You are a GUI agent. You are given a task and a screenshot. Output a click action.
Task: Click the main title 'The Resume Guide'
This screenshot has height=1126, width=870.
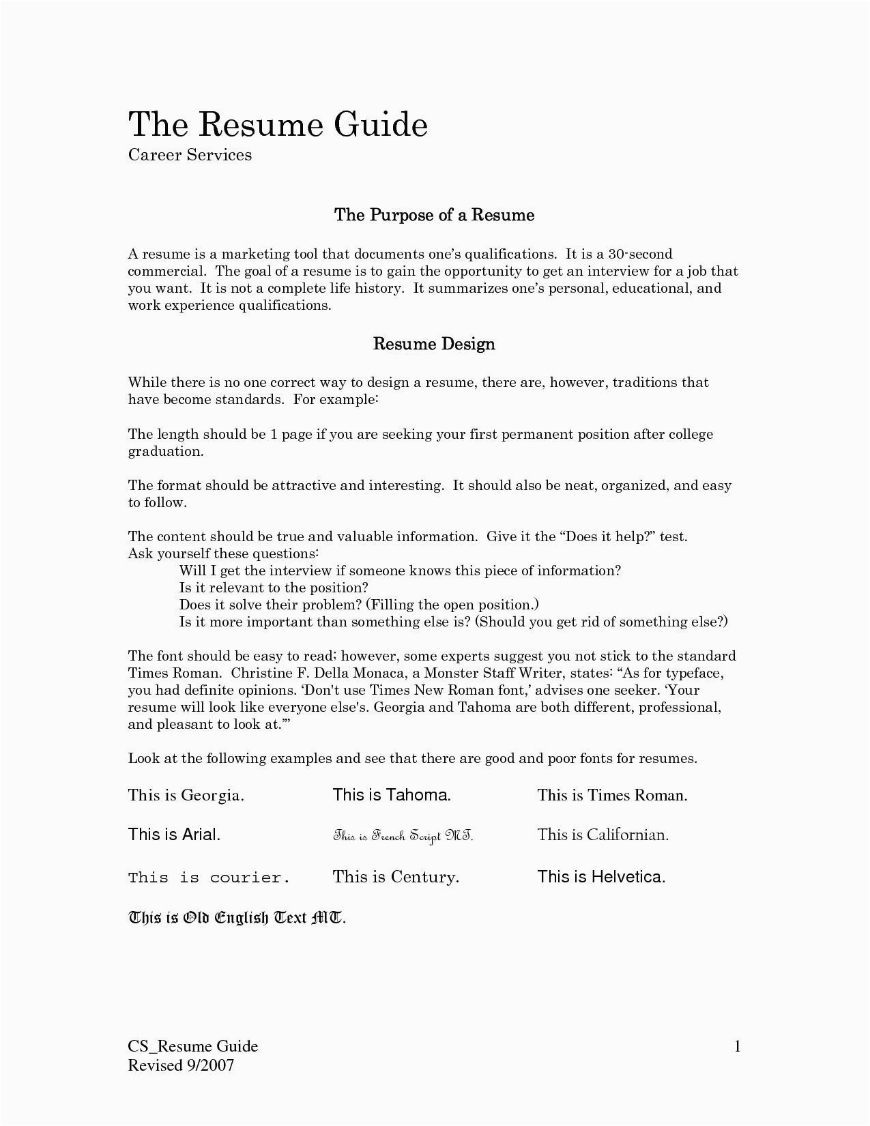pyautogui.click(x=278, y=124)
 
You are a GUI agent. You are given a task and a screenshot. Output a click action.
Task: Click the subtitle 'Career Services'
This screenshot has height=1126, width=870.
pyautogui.click(x=190, y=155)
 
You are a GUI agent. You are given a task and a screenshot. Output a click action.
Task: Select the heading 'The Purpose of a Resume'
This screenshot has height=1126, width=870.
pyautogui.click(x=434, y=216)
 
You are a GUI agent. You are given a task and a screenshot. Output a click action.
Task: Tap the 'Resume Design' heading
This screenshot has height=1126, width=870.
pyautogui.click(x=434, y=344)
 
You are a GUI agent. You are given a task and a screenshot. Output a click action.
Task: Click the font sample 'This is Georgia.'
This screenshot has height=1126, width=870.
pyautogui.click(x=186, y=795)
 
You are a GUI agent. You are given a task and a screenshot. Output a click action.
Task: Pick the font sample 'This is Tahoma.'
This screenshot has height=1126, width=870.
pyautogui.click(x=392, y=795)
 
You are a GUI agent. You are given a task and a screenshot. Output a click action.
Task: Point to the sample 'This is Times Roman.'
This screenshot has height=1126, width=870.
pyautogui.click(x=612, y=795)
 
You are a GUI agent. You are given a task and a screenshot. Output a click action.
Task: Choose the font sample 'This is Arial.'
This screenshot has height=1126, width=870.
pyautogui.click(x=174, y=835)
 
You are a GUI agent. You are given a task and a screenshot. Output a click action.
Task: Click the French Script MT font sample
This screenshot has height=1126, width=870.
pyautogui.click(x=403, y=836)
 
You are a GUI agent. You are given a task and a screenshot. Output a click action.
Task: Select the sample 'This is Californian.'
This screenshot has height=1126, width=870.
pyautogui.click(x=603, y=835)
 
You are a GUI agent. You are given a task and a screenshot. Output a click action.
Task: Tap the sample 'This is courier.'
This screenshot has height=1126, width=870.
pyautogui.click(x=209, y=878)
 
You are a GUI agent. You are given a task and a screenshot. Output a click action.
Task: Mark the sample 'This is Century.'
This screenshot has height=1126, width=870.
pyautogui.click(x=396, y=877)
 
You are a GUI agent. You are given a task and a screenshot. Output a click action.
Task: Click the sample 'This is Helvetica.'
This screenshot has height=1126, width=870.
pyautogui.click(x=600, y=877)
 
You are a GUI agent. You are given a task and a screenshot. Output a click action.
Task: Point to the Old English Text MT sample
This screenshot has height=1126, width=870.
pyautogui.click(x=237, y=918)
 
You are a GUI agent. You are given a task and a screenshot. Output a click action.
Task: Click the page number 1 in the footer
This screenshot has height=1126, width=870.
pyautogui.click(x=737, y=1047)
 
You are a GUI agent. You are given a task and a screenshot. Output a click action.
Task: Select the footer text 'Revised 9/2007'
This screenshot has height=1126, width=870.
pyautogui.click(x=181, y=1065)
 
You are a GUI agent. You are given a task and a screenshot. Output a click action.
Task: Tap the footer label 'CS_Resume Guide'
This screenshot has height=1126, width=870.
pyautogui.click(x=193, y=1047)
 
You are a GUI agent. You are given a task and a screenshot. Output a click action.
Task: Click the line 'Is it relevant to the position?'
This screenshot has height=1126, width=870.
pyautogui.click(x=274, y=588)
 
